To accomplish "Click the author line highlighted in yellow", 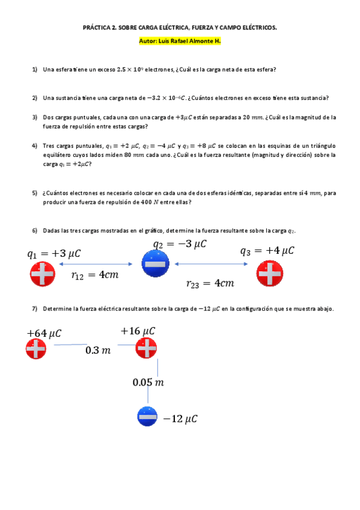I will (x=180, y=41).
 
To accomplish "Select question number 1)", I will (x=35, y=69).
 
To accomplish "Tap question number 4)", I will (x=35, y=146).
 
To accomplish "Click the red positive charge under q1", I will (x=42, y=275).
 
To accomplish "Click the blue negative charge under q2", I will (x=154, y=263).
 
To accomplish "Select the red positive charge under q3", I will (x=269, y=275).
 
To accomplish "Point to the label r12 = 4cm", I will (x=94, y=275).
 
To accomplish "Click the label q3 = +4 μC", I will (x=267, y=251).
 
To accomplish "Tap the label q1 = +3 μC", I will (x=53, y=254).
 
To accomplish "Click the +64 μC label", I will (x=44, y=333).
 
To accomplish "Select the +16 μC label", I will (x=138, y=331).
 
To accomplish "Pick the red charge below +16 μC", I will (x=146, y=347).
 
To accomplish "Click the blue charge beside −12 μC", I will (x=147, y=416).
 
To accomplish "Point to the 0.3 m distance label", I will (x=97, y=350).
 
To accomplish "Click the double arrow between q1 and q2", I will (x=96, y=263).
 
